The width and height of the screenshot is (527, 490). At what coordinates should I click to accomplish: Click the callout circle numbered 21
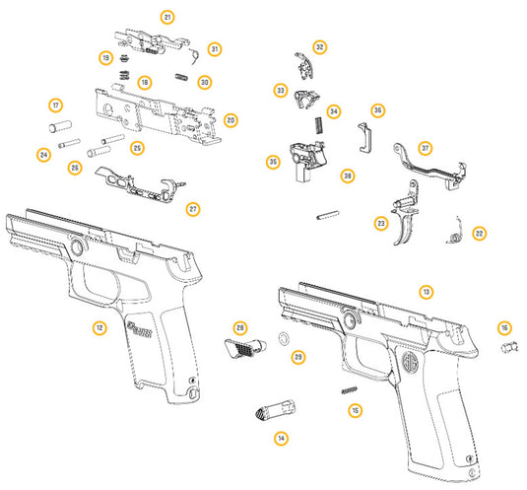167,18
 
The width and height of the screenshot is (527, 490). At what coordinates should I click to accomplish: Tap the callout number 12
99,327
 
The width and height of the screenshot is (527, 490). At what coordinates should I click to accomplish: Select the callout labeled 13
426,292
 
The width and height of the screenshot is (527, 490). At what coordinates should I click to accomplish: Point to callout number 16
504,327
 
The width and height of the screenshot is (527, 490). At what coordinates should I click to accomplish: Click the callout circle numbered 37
426,148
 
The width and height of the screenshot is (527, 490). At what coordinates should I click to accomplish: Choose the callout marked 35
273,161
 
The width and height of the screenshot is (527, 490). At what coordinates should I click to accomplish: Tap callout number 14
281,438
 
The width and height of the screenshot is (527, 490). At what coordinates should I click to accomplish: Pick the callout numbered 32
319,47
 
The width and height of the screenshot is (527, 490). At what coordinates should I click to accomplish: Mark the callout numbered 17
55,105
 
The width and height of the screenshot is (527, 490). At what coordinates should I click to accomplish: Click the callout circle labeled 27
193,208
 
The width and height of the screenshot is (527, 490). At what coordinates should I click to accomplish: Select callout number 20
231,120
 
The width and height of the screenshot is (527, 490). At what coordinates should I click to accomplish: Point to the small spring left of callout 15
345,390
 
